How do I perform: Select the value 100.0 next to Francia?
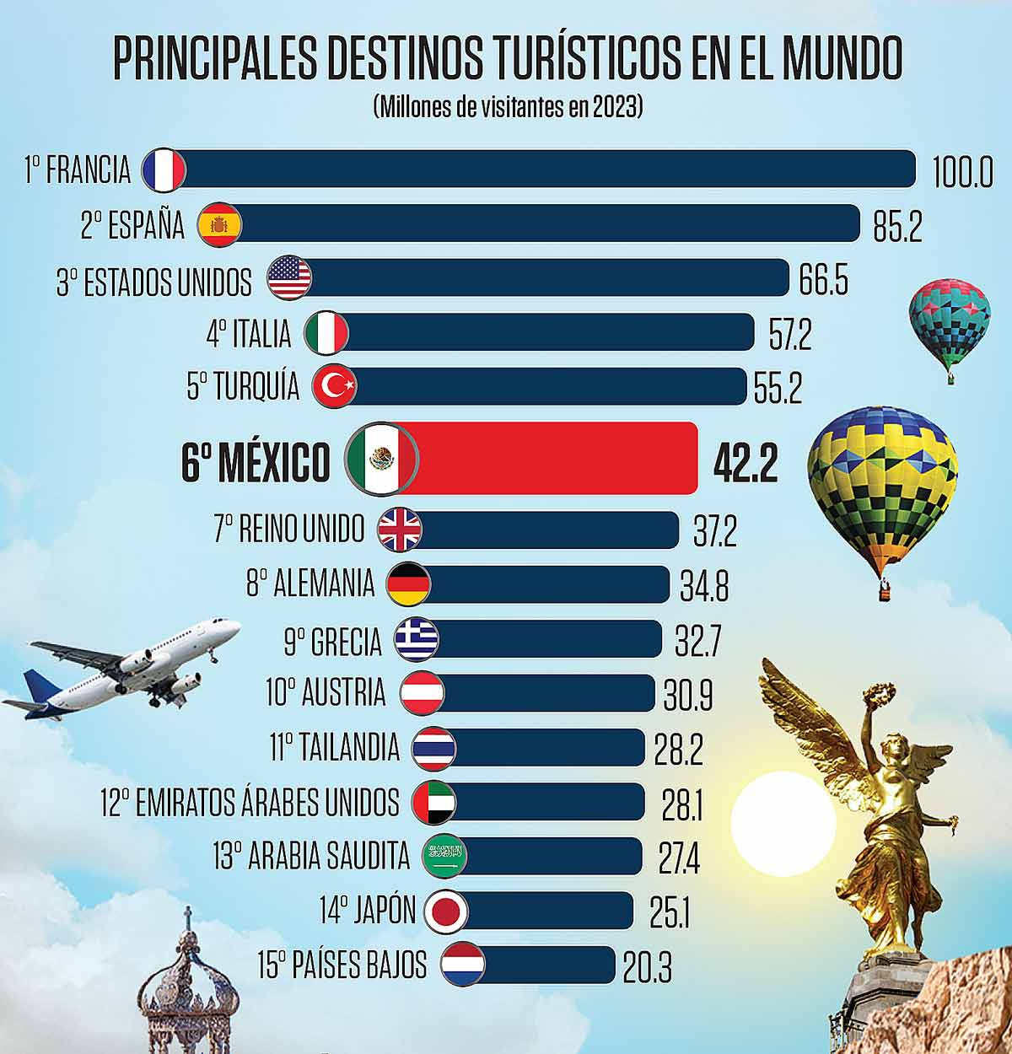tap(962, 172)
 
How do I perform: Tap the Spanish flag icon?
tap(219, 225)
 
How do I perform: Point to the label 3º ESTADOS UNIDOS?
tap(154, 282)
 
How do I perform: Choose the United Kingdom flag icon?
tap(400, 530)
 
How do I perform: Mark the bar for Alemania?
tap(548, 584)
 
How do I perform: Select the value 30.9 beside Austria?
tap(687, 696)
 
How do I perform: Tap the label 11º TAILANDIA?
tap(335, 748)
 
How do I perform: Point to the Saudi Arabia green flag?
tap(444, 857)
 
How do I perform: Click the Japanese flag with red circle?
tap(445, 911)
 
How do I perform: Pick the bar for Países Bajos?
tap(548, 965)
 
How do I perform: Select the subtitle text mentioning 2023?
tap(507, 107)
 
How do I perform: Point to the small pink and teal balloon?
tap(949, 325)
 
